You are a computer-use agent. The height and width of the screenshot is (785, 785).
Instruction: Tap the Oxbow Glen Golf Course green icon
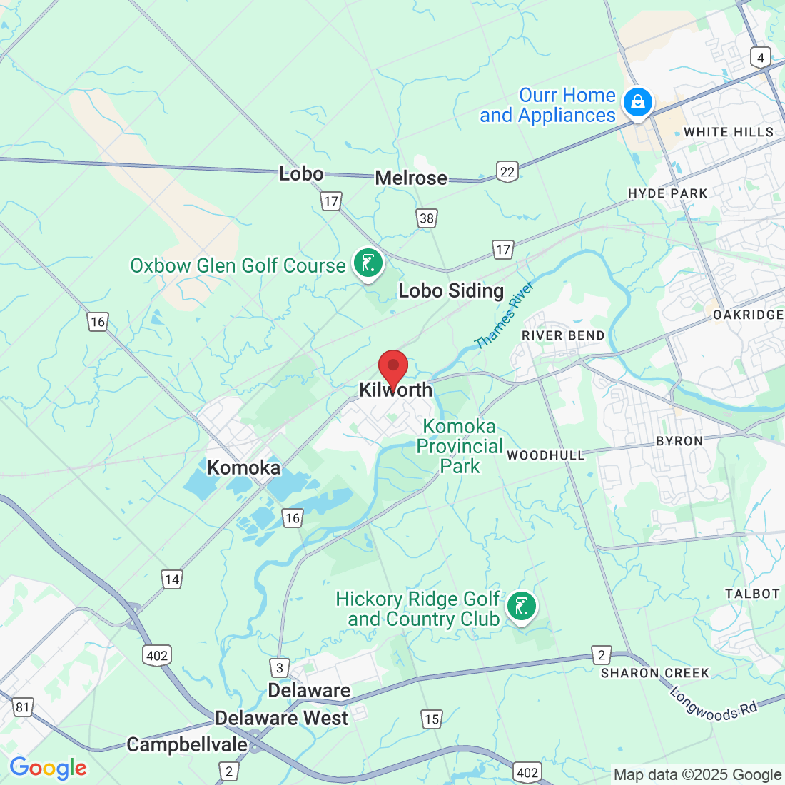[368, 263]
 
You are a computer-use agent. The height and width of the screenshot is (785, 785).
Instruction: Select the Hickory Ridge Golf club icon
[522, 607]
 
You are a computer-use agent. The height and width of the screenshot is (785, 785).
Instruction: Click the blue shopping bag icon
[637, 102]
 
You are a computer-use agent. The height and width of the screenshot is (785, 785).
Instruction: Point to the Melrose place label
[411, 178]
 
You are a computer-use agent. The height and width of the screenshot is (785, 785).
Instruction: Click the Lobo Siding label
[451, 291]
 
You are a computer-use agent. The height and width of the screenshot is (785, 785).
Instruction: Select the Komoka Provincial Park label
[460, 446]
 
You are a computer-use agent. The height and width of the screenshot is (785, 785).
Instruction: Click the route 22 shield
[507, 171]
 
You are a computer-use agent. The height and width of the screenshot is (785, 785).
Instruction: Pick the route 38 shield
[427, 218]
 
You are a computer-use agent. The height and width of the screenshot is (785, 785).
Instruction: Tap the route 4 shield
[761, 58]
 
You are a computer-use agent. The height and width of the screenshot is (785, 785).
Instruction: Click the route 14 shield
[172, 579]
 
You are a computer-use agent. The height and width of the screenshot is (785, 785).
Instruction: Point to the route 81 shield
[23, 707]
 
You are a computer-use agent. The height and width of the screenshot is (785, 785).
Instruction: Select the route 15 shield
[432, 719]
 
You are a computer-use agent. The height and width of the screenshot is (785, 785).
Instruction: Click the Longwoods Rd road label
[714, 703]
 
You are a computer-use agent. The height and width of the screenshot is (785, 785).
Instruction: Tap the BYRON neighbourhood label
[679, 441]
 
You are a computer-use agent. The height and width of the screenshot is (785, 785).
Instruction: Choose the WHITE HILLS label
[729, 132]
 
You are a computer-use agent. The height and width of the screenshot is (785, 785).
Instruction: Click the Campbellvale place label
[187, 745]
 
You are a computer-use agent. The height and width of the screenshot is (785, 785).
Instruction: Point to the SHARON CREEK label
[655, 673]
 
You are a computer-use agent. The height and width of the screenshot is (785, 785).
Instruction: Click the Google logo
[48, 768]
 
